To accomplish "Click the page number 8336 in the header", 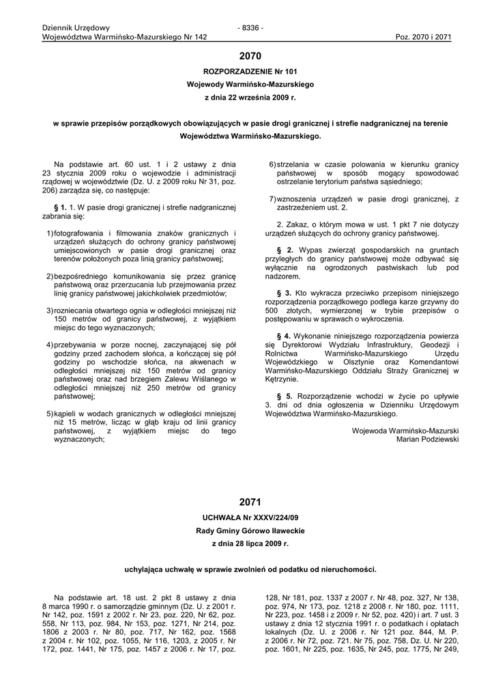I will (250, 27).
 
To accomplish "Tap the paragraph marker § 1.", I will (59, 206).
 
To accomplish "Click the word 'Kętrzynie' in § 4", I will (281, 379).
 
